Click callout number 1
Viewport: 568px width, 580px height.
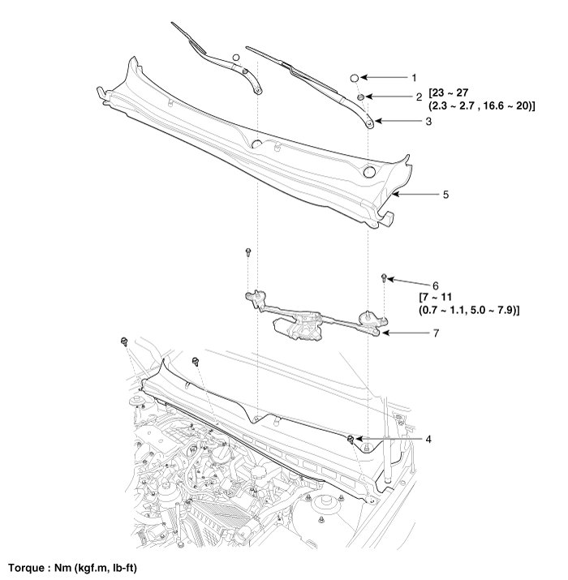pyautogui.click(x=413, y=78)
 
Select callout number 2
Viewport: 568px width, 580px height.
pyautogui.click(x=419, y=97)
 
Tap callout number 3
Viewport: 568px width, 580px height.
pyautogui.click(x=428, y=122)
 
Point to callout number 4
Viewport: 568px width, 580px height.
pyautogui.click(x=428, y=439)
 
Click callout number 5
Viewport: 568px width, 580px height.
pyautogui.click(x=445, y=195)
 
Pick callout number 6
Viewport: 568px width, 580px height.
pyautogui.click(x=435, y=286)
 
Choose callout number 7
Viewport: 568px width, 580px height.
pyautogui.click(x=435, y=333)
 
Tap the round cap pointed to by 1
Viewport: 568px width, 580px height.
pyautogui.click(x=355, y=78)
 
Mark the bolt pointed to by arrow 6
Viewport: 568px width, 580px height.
pyautogui.click(x=383, y=279)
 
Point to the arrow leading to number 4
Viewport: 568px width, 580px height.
pyautogui.click(x=389, y=439)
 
